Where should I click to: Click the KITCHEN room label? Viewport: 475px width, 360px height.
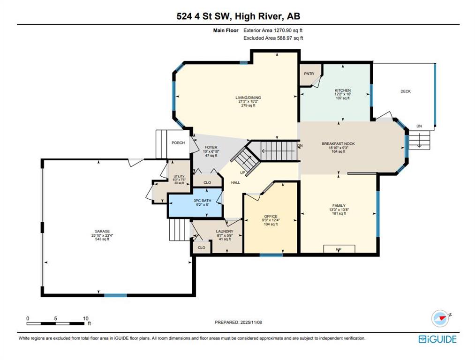(342, 90)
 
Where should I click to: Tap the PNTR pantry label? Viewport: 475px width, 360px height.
(309, 74)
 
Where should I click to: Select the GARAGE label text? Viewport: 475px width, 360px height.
(102, 231)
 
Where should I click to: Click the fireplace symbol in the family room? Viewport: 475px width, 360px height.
(338, 249)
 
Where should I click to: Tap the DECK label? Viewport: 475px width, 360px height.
(405, 91)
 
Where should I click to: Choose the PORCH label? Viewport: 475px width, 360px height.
(178, 143)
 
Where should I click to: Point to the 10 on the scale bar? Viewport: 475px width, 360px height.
(85, 318)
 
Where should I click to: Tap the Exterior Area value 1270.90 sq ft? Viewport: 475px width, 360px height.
(276, 30)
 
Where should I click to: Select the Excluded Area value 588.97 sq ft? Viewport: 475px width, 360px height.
(276, 38)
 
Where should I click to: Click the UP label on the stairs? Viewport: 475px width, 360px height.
(242, 172)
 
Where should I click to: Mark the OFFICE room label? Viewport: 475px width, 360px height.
(271, 216)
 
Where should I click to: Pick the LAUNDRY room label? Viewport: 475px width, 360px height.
(224, 231)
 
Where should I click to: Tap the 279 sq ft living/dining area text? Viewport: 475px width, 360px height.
(248, 106)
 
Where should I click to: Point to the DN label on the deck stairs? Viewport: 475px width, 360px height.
(419, 127)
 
